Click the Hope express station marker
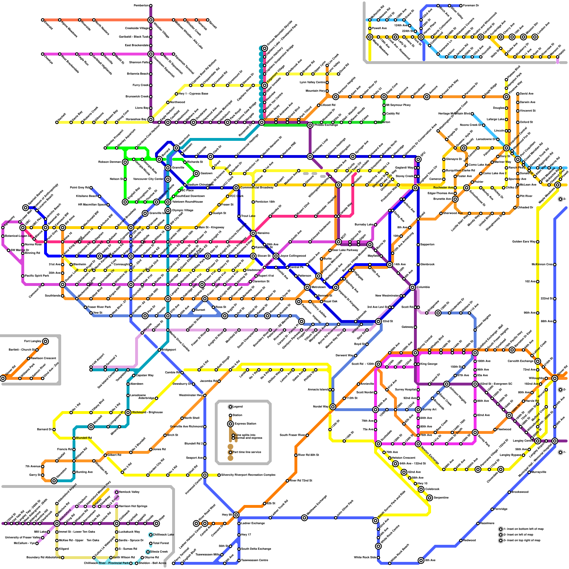pos(156,523)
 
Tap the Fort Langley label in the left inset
pos(32,341)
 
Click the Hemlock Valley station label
pos(129,492)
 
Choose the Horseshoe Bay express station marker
pos(151,119)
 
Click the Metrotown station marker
pos(307,287)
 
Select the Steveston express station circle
pos(54,481)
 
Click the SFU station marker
pos(418,156)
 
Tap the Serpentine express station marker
pos(430,498)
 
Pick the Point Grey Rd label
pos(79,187)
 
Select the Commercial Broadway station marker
pos(236,187)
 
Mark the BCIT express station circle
pos(339,242)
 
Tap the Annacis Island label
pos(318,389)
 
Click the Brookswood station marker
pos(509,492)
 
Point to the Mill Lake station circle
pos(48,532)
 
